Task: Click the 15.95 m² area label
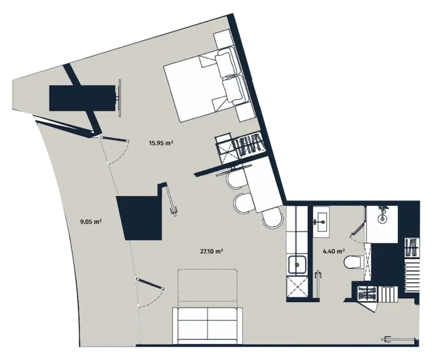point(162,143)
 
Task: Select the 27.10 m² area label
point(211,251)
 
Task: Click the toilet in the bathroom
point(352,263)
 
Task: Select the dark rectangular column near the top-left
point(82,98)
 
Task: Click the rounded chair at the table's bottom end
point(272,219)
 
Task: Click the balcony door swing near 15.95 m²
point(116,151)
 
